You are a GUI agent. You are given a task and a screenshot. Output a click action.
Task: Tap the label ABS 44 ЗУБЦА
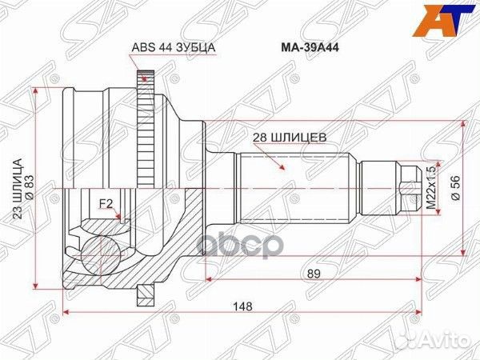[x=173, y=47]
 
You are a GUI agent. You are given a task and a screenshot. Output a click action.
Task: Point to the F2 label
[x=105, y=202]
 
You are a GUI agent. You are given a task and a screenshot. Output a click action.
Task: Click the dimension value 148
[x=237, y=305]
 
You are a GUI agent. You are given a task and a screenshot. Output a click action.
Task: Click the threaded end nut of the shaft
[x=408, y=186]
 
